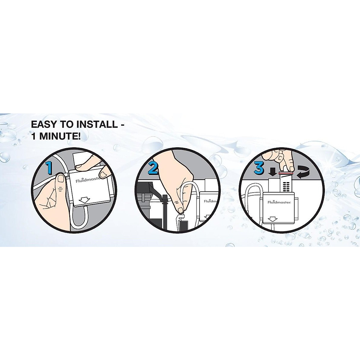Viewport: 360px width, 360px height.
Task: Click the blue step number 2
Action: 153,168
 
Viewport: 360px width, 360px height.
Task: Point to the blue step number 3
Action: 259,168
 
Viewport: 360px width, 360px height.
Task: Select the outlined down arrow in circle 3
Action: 272,220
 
